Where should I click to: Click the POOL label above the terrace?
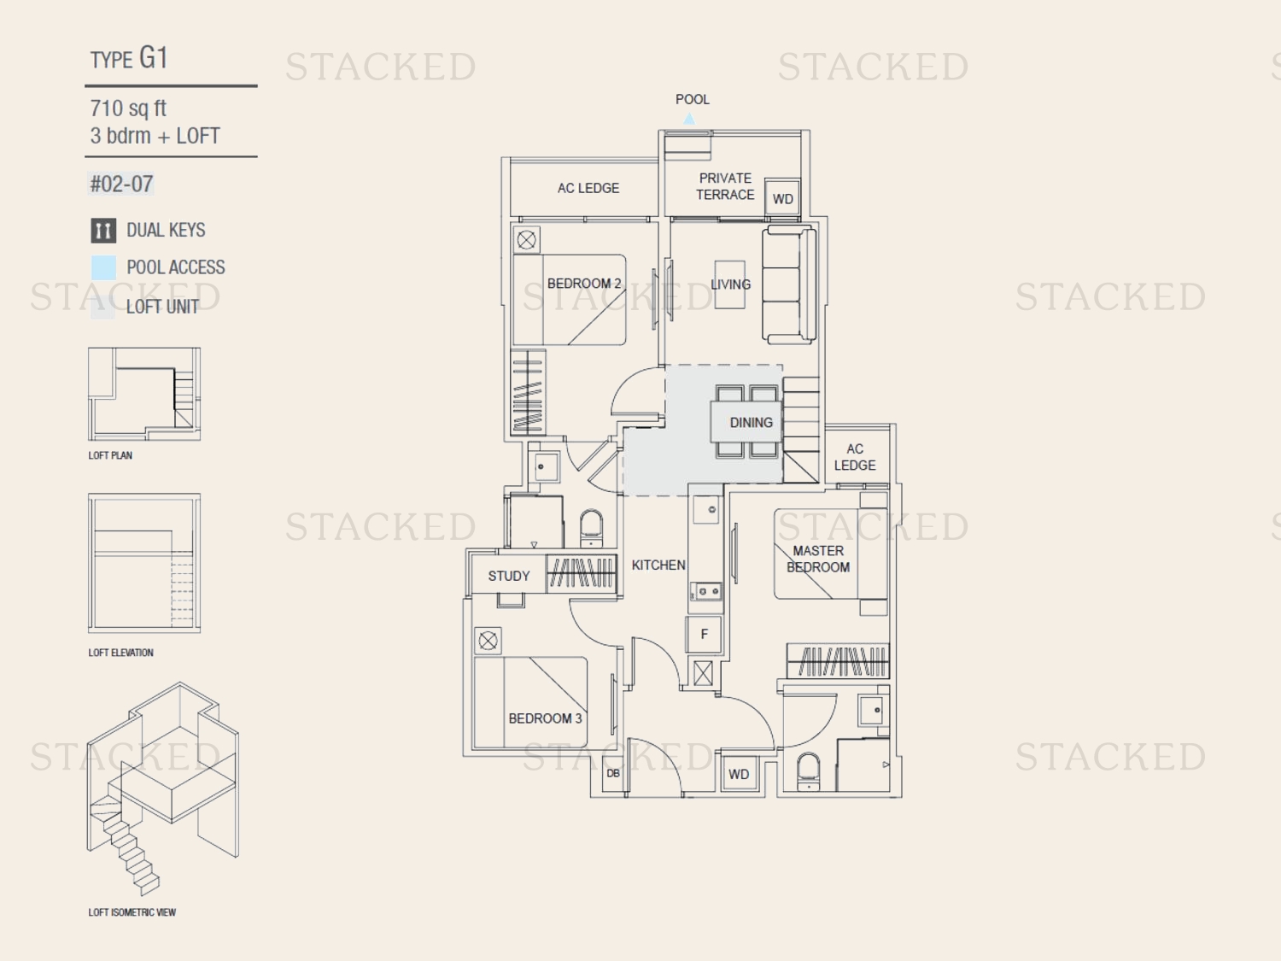click(x=692, y=99)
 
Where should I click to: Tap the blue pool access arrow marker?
click(x=689, y=119)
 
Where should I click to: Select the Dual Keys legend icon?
click(x=103, y=231)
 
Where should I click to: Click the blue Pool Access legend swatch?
click(x=103, y=268)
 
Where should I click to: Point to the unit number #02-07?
click(x=121, y=185)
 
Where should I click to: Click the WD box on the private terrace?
click(x=782, y=198)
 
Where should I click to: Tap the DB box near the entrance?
click(x=613, y=773)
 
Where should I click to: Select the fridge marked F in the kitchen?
click(x=704, y=634)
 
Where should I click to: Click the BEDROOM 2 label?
click(x=583, y=284)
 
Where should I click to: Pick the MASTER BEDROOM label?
click(x=817, y=559)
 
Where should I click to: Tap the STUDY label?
click(x=508, y=576)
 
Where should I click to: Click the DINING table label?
click(x=751, y=423)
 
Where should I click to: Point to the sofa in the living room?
click(x=789, y=284)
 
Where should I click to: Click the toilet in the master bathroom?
click(x=808, y=771)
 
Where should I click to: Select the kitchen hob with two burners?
click(x=706, y=591)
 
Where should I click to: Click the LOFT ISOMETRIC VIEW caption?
click(x=132, y=912)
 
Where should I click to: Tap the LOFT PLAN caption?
click(x=110, y=455)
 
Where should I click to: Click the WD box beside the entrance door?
click(x=739, y=774)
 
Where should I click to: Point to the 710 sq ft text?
click(x=128, y=108)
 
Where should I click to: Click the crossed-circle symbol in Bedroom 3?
click(x=488, y=641)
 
